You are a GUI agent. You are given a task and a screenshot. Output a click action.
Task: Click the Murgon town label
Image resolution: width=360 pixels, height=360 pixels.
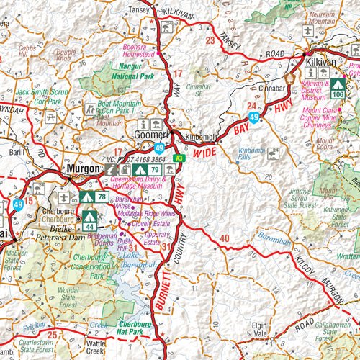coord(81,168)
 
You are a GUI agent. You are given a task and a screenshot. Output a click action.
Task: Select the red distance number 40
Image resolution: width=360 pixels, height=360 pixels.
coord(225,239)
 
